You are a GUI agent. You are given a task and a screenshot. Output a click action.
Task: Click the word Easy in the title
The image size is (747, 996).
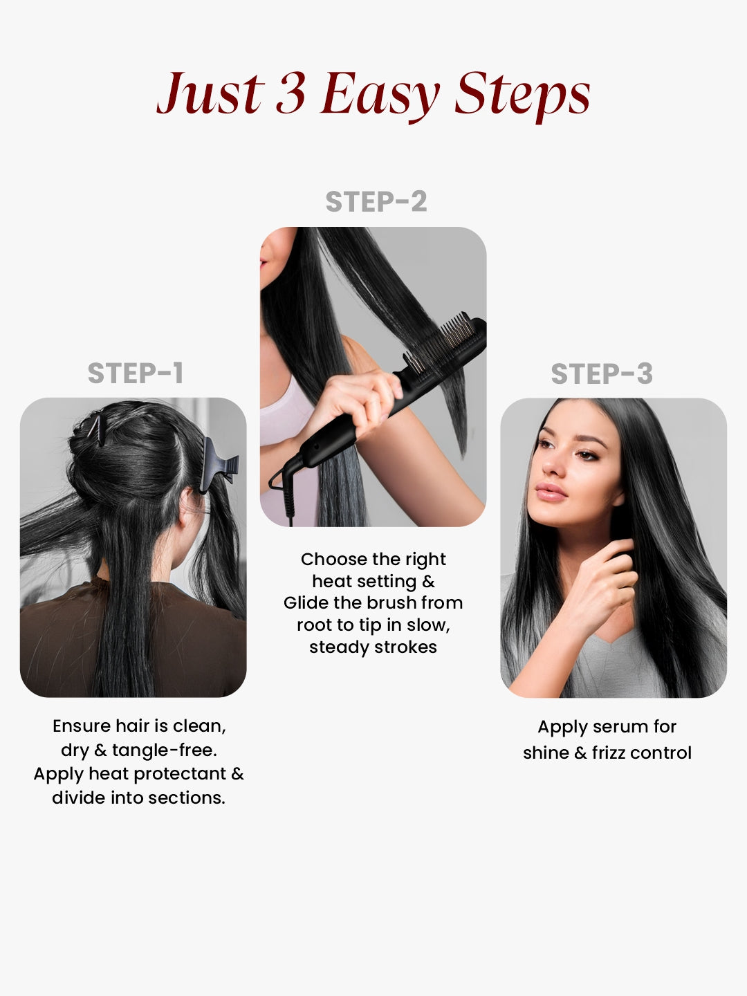[380, 94]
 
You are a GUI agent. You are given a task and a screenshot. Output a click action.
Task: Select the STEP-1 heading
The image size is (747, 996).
[136, 373]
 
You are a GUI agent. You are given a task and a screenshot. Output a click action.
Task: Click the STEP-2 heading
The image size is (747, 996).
[376, 202]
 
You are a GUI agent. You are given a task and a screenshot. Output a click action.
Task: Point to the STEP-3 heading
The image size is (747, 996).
[601, 374]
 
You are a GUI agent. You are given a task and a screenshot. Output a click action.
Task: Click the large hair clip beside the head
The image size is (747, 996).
[218, 465]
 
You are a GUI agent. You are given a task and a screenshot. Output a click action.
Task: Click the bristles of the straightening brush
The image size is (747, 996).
[446, 339]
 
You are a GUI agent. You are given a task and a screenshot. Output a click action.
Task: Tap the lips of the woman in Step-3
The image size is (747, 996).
[550, 492]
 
